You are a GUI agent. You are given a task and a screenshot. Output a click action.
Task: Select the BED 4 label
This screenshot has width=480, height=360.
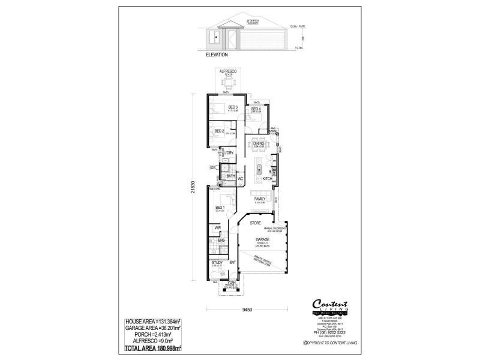pyautogui.click(x=255, y=108)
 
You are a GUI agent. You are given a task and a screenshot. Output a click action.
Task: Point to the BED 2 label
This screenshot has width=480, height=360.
pyautogui.click(x=219, y=131)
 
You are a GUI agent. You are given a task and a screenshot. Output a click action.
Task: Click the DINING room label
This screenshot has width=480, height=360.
pyautogui.click(x=259, y=143)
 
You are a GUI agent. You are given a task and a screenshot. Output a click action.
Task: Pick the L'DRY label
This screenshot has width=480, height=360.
pyautogui.click(x=229, y=154)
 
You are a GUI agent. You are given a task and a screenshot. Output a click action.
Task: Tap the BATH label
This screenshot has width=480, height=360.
pyautogui.click(x=230, y=176)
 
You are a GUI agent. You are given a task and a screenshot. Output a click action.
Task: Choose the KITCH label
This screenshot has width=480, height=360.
pyautogui.click(x=267, y=179)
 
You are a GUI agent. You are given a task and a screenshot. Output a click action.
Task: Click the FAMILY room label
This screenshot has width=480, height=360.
pyautogui.click(x=259, y=199)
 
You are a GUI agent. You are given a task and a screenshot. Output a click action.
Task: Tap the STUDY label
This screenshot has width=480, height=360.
pyautogui.click(x=217, y=262)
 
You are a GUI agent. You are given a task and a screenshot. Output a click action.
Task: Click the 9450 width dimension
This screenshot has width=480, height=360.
pyautogui.click(x=239, y=310)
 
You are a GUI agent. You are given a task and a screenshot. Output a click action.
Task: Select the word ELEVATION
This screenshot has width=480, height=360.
pyautogui.click(x=218, y=55)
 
